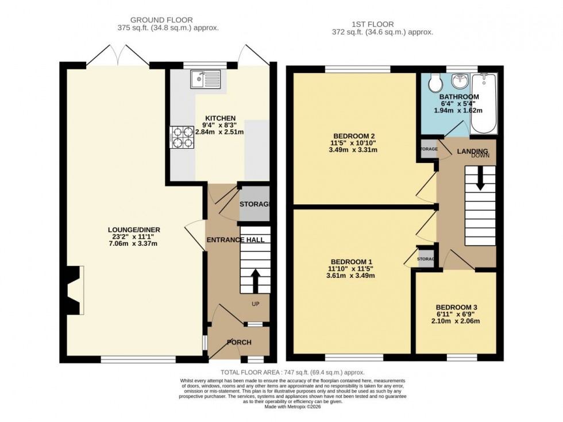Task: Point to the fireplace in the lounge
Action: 74,290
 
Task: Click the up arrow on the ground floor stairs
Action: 255,281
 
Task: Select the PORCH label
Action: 238,343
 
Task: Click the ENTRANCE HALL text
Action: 236,240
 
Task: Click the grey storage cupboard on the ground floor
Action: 254,204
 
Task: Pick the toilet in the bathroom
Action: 435,83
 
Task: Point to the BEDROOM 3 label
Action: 455,306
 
